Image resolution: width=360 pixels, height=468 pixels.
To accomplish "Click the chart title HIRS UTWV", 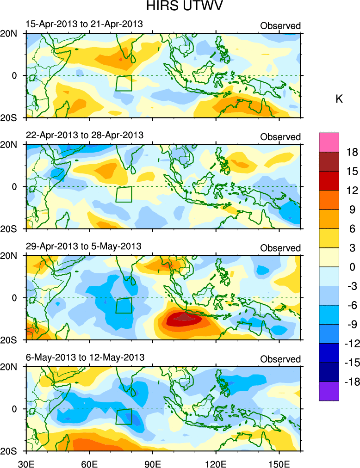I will [x=180, y=7].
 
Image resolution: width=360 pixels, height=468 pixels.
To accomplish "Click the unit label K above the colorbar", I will [x=339, y=99].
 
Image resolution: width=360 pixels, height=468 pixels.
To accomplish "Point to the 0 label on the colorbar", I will [x=352, y=267].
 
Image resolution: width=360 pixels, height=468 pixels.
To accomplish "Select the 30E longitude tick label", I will [x=25, y=462].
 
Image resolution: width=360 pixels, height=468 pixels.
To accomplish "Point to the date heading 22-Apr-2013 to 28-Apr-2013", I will [x=84, y=135].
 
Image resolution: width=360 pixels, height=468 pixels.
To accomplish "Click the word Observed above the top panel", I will [x=280, y=26].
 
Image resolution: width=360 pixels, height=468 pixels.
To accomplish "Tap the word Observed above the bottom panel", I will [x=280, y=359].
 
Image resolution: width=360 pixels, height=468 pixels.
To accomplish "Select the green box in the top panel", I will [x=124, y=83].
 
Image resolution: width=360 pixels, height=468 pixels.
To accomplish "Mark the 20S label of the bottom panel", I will [x=10, y=451].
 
